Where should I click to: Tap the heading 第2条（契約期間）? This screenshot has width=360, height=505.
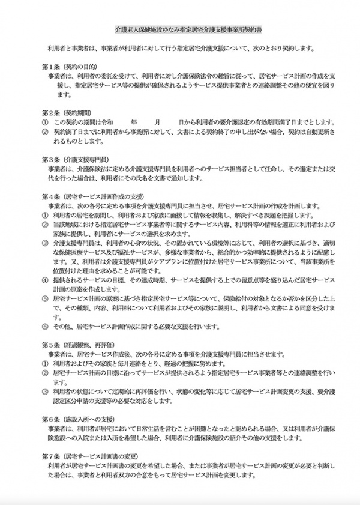(x=65, y=112)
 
